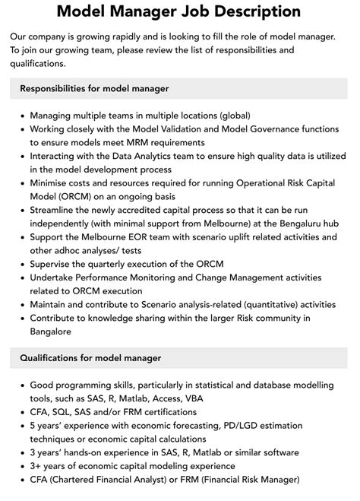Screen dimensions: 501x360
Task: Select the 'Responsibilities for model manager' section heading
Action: point(95,89)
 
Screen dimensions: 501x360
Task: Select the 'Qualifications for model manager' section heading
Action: point(90,357)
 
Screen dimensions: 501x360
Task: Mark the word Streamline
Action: point(58,208)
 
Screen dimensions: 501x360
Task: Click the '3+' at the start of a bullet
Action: point(37,466)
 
